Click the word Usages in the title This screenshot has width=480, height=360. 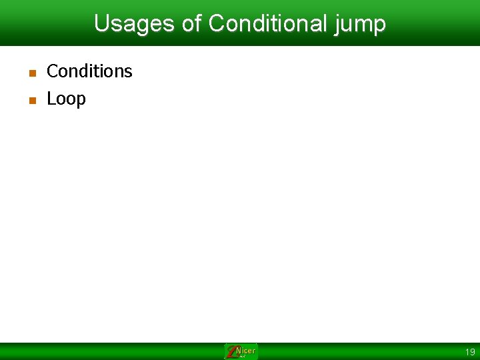pyautogui.click(x=135, y=24)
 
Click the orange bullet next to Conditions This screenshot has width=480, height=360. pyautogui.click(x=31, y=73)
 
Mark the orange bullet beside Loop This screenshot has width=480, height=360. pyautogui.click(x=31, y=101)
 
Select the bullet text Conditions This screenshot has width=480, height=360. pyautogui.click(x=89, y=71)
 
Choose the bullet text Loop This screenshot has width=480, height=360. pyautogui.click(x=66, y=99)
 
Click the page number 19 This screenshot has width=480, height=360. pyautogui.click(x=470, y=352)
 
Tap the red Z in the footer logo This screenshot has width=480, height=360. pyautogui.click(x=231, y=352)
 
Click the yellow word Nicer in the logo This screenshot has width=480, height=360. pyautogui.click(x=246, y=351)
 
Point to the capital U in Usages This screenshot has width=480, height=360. pyautogui.click(x=101, y=24)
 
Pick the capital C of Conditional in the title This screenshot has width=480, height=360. pyautogui.click(x=216, y=24)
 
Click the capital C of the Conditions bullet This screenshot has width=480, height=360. pyautogui.click(x=52, y=71)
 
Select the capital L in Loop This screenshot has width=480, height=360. pyautogui.click(x=51, y=99)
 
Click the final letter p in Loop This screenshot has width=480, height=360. pyautogui.click(x=81, y=101)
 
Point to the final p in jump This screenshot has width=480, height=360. pyautogui.click(x=379, y=26)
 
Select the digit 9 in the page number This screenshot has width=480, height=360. pyautogui.click(x=473, y=352)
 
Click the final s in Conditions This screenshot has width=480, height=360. pyautogui.click(x=129, y=72)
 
